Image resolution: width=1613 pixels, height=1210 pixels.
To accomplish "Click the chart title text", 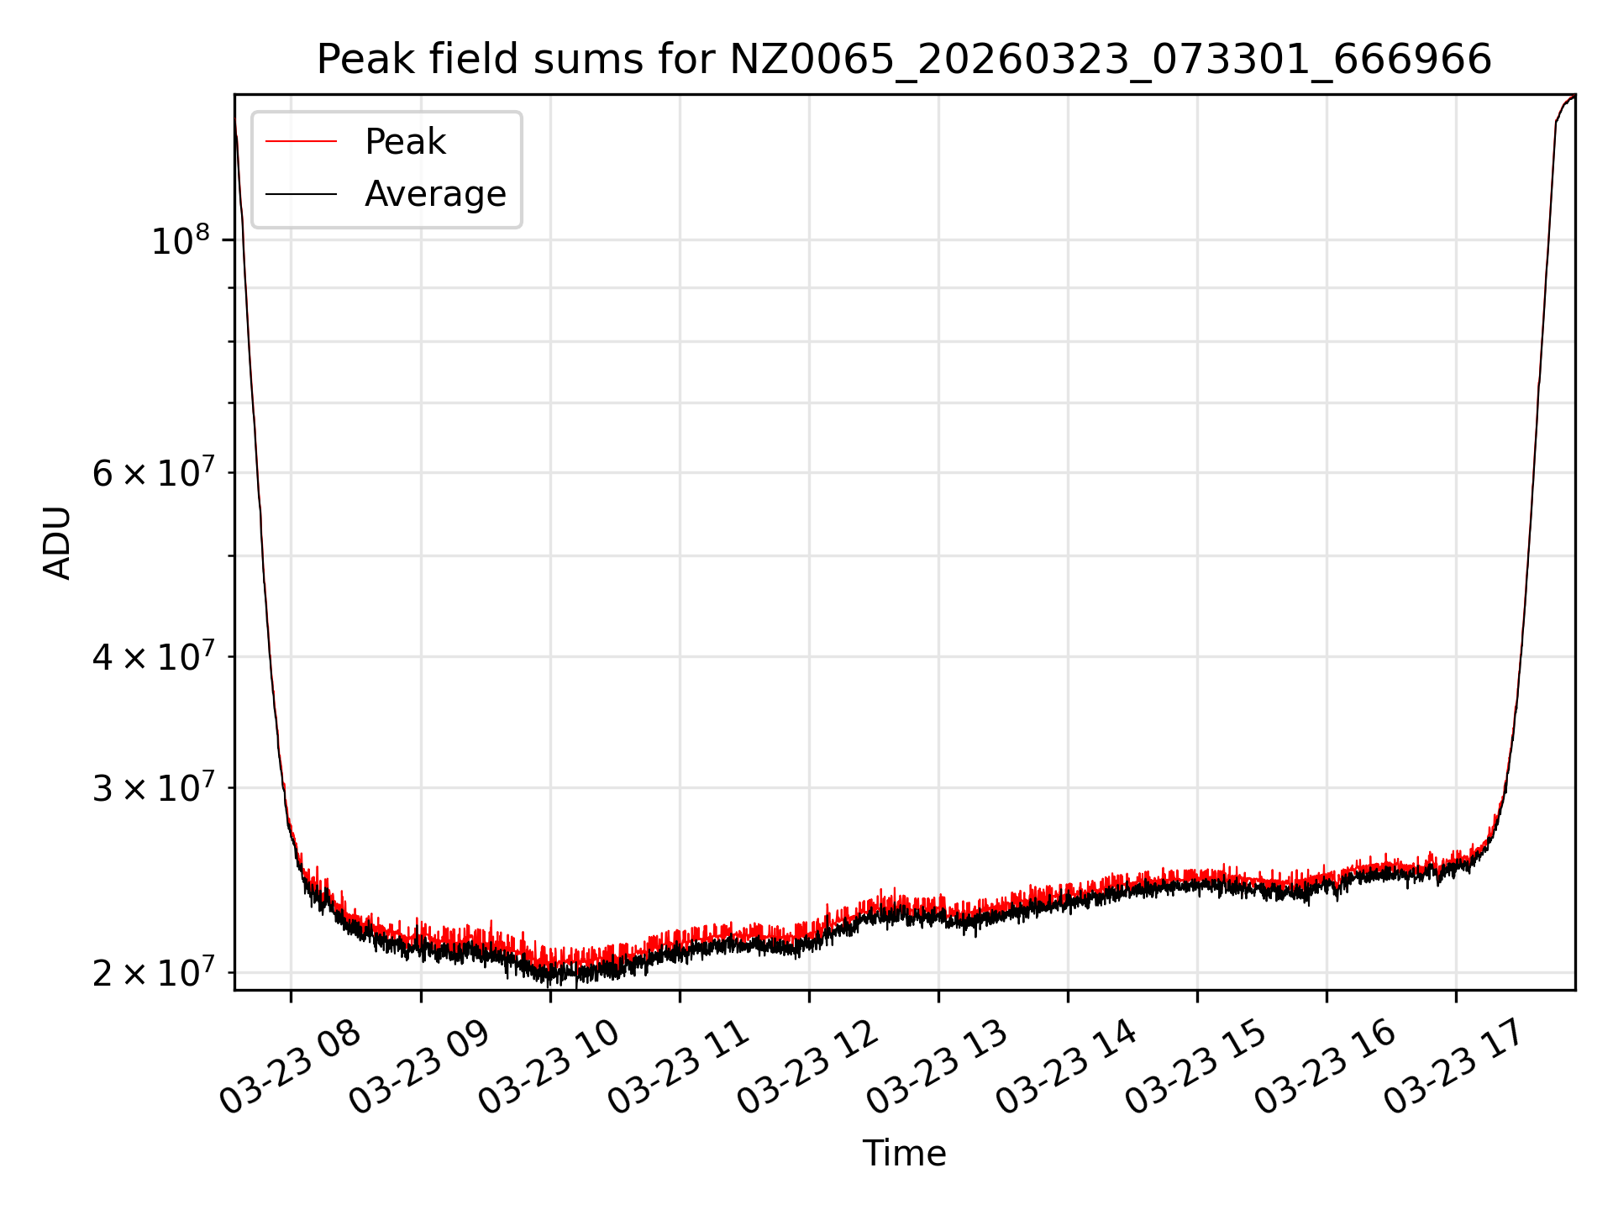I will pyautogui.click(x=904, y=60).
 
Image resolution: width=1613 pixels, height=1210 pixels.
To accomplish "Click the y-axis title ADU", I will pyautogui.click(x=57, y=543).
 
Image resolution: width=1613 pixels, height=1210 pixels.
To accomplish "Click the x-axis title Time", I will pyautogui.click(x=904, y=1154).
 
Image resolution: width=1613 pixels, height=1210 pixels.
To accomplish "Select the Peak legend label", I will pyautogui.click(x=405, y=142).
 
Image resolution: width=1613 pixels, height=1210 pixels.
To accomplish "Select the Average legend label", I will pyautogui.click(x=435, y=194).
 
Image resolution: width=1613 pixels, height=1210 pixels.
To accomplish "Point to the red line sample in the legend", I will pyautogui.click(x=301, y=142).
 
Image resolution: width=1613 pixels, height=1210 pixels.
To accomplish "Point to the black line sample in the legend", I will pyautogui.click(x=301, y=194).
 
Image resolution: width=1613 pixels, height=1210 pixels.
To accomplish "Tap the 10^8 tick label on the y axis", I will pyautogui.click(x=180, y=242).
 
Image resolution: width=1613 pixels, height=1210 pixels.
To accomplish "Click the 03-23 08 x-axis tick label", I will pyautogui.click(x=290, y=1068).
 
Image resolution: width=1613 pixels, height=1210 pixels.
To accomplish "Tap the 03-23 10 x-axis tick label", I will pyautogui.click(x=549, y=1068).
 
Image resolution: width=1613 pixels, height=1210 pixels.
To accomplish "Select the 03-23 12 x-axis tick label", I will pyautogui.click(x=807, y=1068).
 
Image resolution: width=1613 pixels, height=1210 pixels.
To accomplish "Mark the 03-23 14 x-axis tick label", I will pyautogui.click(x=1066, y=1068).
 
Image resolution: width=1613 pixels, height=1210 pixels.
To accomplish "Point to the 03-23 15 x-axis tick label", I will pyautogui.click(x=1195, y=1068).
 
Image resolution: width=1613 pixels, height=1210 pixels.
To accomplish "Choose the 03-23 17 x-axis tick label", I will pyautogui.click(x=1454, y=1068).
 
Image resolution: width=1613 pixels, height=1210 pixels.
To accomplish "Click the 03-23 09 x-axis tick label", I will pyautogui.click(x=419, y=1068).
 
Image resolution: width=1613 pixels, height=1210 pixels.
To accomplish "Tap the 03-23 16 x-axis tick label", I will pyautogui.click(x=1325, y=1068).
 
